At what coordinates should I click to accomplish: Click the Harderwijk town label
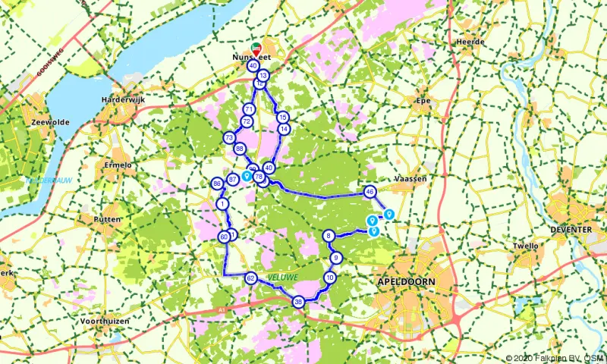(x=122, y=99)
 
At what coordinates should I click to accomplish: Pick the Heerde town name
(x=470, y=42)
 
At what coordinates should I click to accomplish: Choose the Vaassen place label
(x=411, y=178)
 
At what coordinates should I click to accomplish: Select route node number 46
(x=370, y=192)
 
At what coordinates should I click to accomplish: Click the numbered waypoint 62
(x=250, y=279)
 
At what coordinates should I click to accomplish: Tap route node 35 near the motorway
(x=299, y=301)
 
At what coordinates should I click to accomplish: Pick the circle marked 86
(x=217, y=184)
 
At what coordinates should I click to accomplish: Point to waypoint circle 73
(x=228, y=138)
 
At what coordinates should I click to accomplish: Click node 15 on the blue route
(x=282, y=117)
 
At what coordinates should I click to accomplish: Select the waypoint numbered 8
(x=329, y=236)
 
